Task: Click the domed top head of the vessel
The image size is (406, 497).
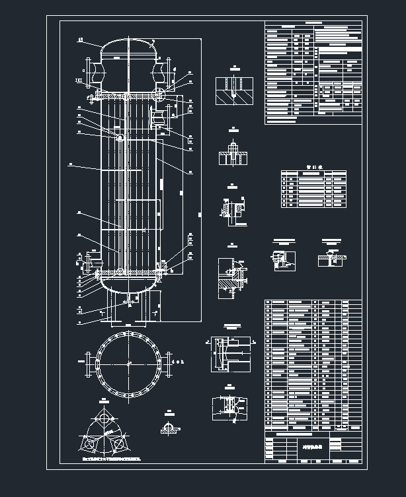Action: click(x=127, y=48)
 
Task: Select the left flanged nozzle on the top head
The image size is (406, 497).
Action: click(x=91, y=71)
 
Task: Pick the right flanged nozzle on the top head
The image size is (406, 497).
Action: click(x=163, y=69)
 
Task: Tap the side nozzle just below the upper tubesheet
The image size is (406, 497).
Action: click(x=161, y=116)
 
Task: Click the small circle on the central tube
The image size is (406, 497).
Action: click(x=120, y=138)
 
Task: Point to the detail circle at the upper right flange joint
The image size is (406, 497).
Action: click(x=161, y=92)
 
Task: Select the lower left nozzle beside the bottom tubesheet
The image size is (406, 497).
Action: click(x=88, y=261)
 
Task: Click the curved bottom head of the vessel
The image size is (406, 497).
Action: click(x=127, y=285)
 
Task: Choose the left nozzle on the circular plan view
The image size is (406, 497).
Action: click(x=90, y=364)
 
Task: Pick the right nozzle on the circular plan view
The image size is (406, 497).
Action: click(x=166, y=363)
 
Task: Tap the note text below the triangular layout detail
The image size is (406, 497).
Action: click(x=111, y=456)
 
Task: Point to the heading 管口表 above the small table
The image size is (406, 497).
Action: click(x=313, y=168)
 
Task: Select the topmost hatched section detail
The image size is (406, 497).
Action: click(x=235, y=90)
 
